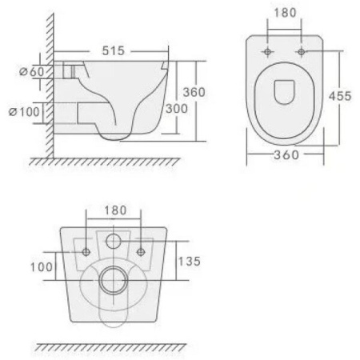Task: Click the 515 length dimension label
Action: [114, 50]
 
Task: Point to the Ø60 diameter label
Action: [32, 71]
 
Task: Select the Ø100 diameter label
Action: [24, 112]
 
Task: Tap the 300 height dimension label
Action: [177, 109]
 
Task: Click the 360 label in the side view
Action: [194, 92]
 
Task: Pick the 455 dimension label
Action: [340, 96]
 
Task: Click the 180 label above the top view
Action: [285, 13]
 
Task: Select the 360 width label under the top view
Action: [286, 155]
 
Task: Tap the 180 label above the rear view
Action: [115, 210]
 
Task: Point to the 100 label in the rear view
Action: [42, 267]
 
